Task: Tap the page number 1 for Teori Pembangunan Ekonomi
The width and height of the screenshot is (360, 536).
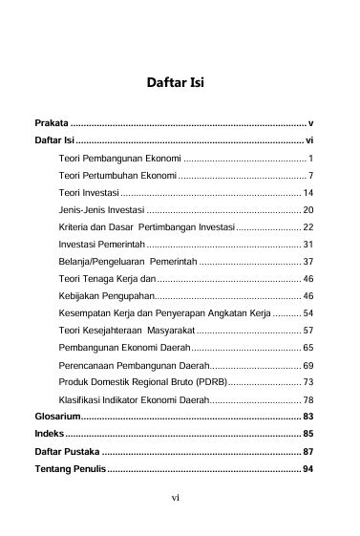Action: coord(311,156)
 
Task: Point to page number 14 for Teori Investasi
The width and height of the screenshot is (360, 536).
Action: coord(307,193)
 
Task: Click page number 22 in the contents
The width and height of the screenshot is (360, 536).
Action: coord(307,227)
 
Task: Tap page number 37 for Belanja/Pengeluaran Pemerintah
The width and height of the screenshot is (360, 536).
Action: coord(307,261)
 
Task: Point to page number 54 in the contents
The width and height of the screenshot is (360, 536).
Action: coord(307,312)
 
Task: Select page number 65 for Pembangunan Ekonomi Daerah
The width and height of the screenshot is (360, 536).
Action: coord(307,347)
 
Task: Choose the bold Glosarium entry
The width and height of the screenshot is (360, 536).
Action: coord(57,417)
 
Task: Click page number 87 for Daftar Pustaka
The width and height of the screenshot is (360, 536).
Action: coord(307,451)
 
